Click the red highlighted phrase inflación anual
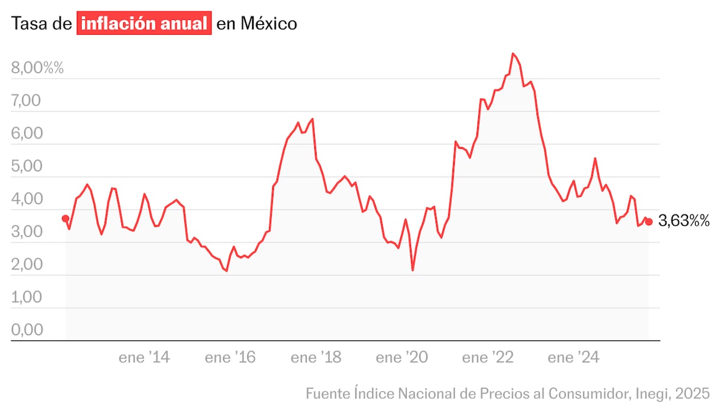(x=144, y=24)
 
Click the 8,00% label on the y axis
(x=37, y=68)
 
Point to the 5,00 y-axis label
(x=26, y=166)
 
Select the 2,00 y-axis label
(x=26, y=265)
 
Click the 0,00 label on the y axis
(x=26, y=330)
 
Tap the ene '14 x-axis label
(x=144, y=359)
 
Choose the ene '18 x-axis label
(x=316, y=359)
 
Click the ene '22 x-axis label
(x=487, y=359)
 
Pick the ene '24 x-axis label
(x=573, y=359)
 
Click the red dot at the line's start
(x=65, y=219)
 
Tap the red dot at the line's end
(x=648, y=222)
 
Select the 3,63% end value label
(x=684, y=222)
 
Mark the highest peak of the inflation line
(x=513, y=53)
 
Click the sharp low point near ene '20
(x=413, y=270)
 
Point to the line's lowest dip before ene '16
(x=227, y=271)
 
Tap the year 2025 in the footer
(x=693, y=394)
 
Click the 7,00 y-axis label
(x=26, y=101)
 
